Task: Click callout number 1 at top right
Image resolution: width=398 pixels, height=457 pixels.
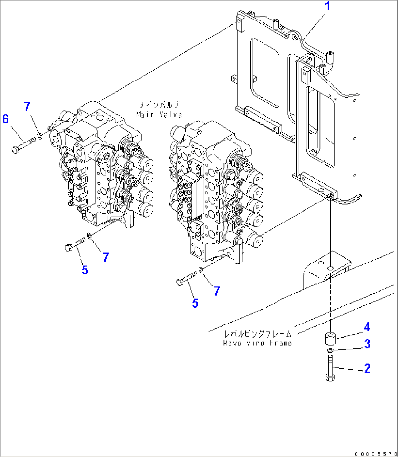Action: (x=328, y=6)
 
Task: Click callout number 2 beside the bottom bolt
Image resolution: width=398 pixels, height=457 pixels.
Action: (x=367, y=368)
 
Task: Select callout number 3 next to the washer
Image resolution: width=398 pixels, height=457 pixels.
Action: (x=367, y=344)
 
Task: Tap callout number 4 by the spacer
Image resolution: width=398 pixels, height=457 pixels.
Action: (x=367, y=327)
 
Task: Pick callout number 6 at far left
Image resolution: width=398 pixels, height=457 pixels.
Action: (x=5, y=119)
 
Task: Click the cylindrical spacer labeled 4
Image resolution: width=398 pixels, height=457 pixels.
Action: (x=330, y=338)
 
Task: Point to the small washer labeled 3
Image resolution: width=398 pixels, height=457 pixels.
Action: (x=330, y=351)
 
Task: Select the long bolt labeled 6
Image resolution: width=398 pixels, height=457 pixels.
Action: (x=22, y=145)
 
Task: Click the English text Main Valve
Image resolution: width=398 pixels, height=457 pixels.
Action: (x=159, y=115)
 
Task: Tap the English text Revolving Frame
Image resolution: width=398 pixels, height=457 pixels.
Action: (x=257, y=343)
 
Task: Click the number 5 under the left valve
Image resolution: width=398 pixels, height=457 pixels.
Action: (x=85, y=270)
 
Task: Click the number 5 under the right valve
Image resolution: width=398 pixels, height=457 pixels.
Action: (x=195, y=303)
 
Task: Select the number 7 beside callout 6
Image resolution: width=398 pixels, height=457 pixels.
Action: (x=27, y=107)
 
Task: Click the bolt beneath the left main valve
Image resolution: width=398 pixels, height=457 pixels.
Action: (x=74, y=244)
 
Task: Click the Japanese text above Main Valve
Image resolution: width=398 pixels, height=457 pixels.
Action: (x=158, y=105)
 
